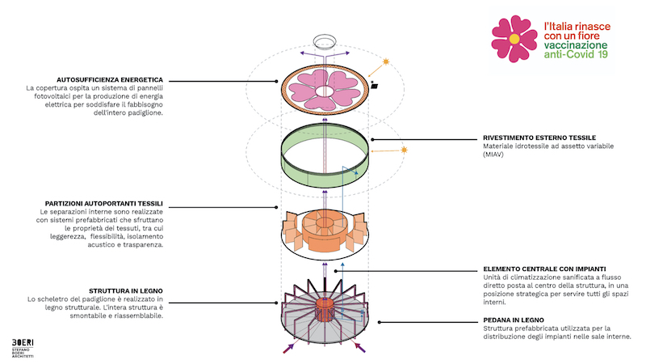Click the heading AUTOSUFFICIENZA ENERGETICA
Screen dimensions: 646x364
(x=110, y=79)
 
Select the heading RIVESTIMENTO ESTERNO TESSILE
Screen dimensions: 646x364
(x=539, y=138)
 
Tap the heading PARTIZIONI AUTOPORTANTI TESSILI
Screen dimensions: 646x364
(x=104, y=204)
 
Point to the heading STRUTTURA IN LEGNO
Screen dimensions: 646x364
(x=126, y=291)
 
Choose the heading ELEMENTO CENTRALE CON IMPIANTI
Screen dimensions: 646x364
(x=544, y=269)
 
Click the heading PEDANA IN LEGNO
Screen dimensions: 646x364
(x=514, y=320)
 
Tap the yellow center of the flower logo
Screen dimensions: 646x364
(x=514, y=39)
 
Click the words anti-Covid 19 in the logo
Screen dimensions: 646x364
(x=576, y=54)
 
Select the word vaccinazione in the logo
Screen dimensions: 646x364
(x=576, y=45)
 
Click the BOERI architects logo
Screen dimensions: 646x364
(x=23, y=348)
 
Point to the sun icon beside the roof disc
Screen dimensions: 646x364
(x=386, y=62)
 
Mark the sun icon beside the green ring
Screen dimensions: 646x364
(x=405, y=150)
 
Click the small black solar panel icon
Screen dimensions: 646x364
(x=374, y=86)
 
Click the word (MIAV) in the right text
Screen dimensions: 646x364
(x=493, y=154)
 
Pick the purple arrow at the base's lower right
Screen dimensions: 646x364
(x=359, y=348)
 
